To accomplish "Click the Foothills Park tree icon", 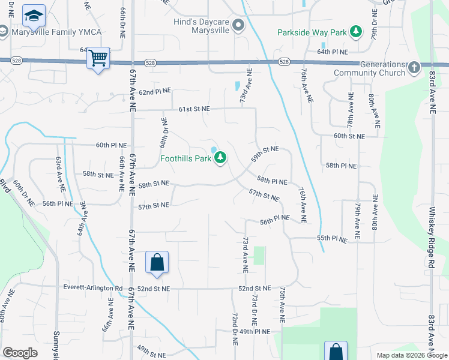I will [221, 158].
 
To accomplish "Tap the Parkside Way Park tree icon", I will [357, 31].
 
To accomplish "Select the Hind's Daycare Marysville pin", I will [239, 25].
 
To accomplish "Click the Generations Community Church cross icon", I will [414, 68].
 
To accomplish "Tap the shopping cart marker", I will [98, 58].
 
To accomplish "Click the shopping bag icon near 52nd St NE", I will [157, 262].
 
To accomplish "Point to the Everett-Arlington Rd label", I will [92, 288].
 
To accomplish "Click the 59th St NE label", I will [265, 154].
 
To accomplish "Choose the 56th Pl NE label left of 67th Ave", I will [58, 203].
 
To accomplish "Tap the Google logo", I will [20, 352].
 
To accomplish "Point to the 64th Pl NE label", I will [333, 53].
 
